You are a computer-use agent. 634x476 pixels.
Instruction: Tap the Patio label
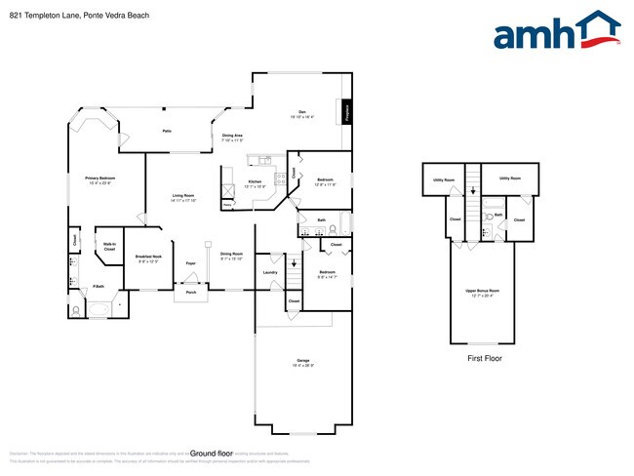click(x=168, y=129)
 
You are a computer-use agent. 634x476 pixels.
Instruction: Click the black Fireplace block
click(x=345, y=111)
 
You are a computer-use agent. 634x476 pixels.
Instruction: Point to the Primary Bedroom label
click(x=100, y=179)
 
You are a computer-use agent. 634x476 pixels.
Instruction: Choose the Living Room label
click(x=183, y=198)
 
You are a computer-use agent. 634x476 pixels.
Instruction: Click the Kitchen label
click(x=255, y=182)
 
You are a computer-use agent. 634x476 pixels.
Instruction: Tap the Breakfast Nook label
click(x=148, y=258)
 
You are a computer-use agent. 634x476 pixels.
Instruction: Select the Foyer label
click(x=191, y=263)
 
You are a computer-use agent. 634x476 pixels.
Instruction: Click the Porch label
click(x=191, y=292)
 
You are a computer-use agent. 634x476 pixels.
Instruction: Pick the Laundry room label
click(x=270, y=272)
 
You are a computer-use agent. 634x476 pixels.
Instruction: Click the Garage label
click(x=303, y=361)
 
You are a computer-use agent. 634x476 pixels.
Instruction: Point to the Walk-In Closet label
click(x=109, y=247)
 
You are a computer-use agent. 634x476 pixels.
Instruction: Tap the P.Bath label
click(x=99, y=286)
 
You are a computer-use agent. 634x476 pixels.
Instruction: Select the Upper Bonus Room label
click(x=482, y=292)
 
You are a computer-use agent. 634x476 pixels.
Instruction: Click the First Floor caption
click(x=482, y=359)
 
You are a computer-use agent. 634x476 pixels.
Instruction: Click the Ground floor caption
click(x=212, y=454)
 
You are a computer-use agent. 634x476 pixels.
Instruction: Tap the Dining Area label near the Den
click(x=232, y=137)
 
